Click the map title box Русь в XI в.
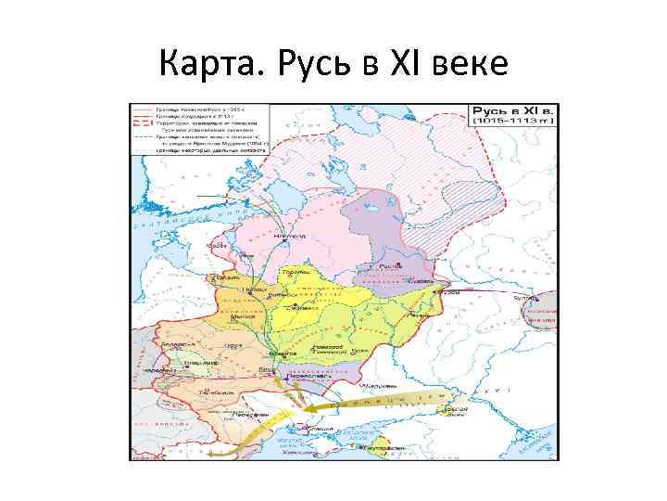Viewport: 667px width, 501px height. [x=513, y=109]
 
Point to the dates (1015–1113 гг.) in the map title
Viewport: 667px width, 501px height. [x=513, y=121]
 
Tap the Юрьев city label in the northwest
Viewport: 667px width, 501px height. [x=217, y=245]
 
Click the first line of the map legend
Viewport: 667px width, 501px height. [x=199, y=109]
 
